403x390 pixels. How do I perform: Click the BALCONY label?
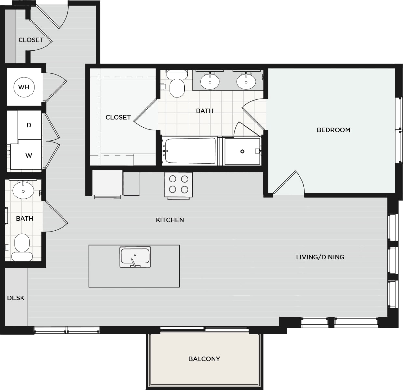204,359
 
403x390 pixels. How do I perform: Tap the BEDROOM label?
333,130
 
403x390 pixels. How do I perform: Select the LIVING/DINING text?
320,257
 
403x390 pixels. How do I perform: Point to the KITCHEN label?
170,220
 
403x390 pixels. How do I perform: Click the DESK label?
16,298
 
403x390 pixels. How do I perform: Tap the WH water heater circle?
24,87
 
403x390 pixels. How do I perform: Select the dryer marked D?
29,125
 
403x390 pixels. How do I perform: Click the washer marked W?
29,155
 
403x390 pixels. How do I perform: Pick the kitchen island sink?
135,257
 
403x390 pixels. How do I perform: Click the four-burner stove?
178,184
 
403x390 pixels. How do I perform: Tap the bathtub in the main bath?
190,151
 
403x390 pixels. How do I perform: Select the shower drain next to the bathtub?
242,152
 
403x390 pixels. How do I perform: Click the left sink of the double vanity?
210,81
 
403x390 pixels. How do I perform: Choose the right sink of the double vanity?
246,81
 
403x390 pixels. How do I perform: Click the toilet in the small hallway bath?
22,247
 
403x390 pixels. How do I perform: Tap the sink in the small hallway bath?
23,190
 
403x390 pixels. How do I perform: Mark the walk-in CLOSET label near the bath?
118,117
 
